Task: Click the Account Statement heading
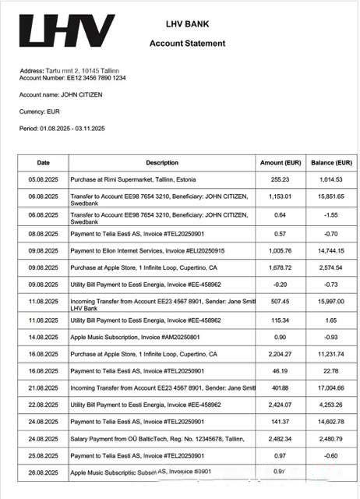pyautogui.click(x=187, y=44)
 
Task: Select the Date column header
pyautogui.click(x=44, y=163)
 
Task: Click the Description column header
pyautogui.click(x=162, y=163)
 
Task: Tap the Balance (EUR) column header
pyautogui.click(x=331, y=163)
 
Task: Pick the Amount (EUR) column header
pyautogui.click(x=281, y=163)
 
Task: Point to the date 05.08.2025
pyautogui.click(x=44, y=179)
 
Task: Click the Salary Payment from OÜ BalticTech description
pyautogui.click(x=157, y=438)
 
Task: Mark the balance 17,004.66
pyautogui.click(x=331, y=388)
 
